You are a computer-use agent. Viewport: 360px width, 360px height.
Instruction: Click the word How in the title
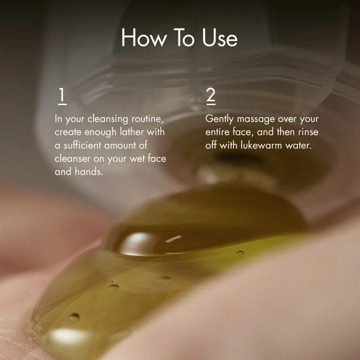pos(143,37)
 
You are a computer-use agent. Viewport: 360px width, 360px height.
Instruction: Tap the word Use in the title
pos(219,37)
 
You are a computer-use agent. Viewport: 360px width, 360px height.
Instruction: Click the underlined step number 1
pos(62,96)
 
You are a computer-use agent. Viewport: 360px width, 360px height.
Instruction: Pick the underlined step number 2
pos(211,96)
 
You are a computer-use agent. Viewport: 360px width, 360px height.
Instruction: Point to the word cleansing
pos(107,119)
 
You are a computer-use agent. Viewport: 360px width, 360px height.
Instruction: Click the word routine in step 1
pos(147,119)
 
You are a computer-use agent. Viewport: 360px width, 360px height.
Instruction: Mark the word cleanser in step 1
pos(72,159)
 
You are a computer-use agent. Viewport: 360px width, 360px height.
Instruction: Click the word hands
pos(89,171)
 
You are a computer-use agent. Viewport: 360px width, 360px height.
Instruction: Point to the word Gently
pos(219,119)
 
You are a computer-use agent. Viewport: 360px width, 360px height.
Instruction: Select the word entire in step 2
pos(217,132)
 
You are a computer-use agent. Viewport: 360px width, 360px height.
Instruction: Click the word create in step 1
pos(68,132)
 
